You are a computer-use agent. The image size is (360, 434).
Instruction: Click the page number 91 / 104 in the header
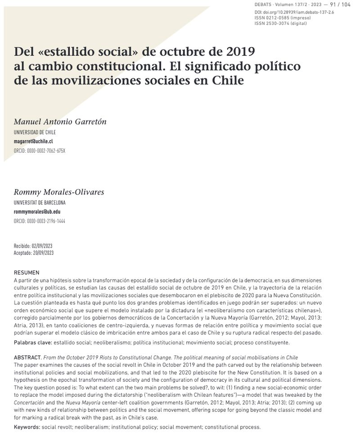point(340,5)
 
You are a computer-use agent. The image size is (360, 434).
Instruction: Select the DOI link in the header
point(294,12)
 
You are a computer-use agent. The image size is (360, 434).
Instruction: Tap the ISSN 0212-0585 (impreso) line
point(282,18)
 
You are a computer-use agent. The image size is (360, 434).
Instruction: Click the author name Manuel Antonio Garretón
point(60,122)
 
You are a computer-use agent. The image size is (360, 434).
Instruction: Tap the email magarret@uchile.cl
point(34,141)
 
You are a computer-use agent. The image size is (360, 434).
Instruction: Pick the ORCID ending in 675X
point(40,150)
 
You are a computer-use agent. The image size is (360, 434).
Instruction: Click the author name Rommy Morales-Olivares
point(59,192)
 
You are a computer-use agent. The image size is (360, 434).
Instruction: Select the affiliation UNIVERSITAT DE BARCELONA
point(40,203)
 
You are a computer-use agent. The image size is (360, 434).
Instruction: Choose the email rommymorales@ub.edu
point(37,212)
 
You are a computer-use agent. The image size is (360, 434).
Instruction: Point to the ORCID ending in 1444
point(40,221)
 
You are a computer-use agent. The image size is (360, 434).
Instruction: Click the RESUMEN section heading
point(27,272)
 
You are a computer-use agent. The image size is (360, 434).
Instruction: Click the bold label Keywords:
point(27,427)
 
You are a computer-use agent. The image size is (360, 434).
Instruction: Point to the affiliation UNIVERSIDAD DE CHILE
point(35,132)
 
